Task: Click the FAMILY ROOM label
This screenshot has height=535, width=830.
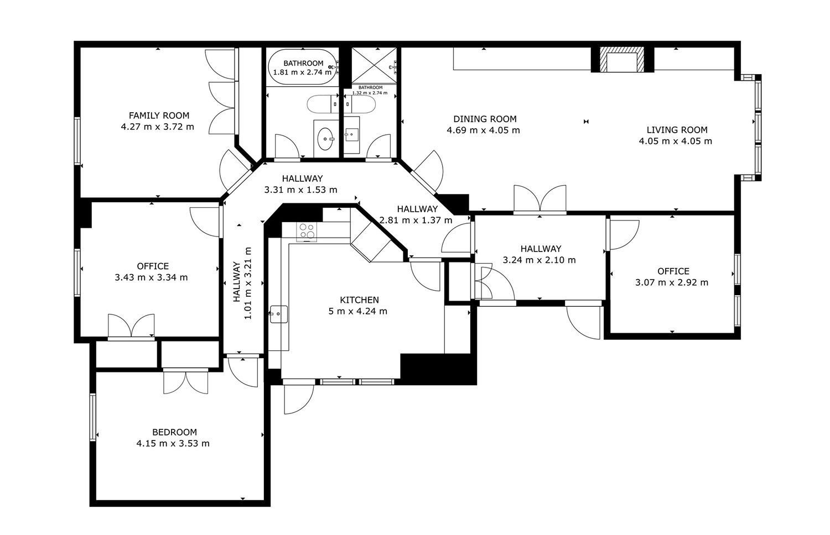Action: pos(159,116)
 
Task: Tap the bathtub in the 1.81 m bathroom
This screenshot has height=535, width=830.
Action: pos(302,67)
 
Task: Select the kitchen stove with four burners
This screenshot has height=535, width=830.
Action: pos(307,231)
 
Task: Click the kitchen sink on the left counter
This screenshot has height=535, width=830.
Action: pos(279,314)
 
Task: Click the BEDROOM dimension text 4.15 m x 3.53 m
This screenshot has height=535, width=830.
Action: pos(173,443)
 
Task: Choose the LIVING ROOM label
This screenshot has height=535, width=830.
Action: pos(677,130)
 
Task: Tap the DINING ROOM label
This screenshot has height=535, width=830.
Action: pos(485,119)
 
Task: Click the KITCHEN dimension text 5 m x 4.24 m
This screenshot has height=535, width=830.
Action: pos(358,311)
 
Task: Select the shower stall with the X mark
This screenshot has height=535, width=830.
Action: pos(374,66)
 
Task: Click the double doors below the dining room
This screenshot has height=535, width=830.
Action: pos(540,200)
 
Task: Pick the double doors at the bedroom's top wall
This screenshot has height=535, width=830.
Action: pos(185,381)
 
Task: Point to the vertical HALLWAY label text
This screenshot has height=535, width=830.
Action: pos(237,282)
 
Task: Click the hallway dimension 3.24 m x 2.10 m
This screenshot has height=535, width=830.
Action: pos(539,260)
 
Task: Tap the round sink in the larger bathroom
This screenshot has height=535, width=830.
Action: pos(326,139)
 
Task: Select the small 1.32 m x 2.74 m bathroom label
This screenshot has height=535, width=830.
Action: pos(370,90)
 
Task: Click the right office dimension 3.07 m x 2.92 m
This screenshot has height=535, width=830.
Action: pos(672,282)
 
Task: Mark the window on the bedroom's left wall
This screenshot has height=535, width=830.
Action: pos(92,417)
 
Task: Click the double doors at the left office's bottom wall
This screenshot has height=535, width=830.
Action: pos(131,327)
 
